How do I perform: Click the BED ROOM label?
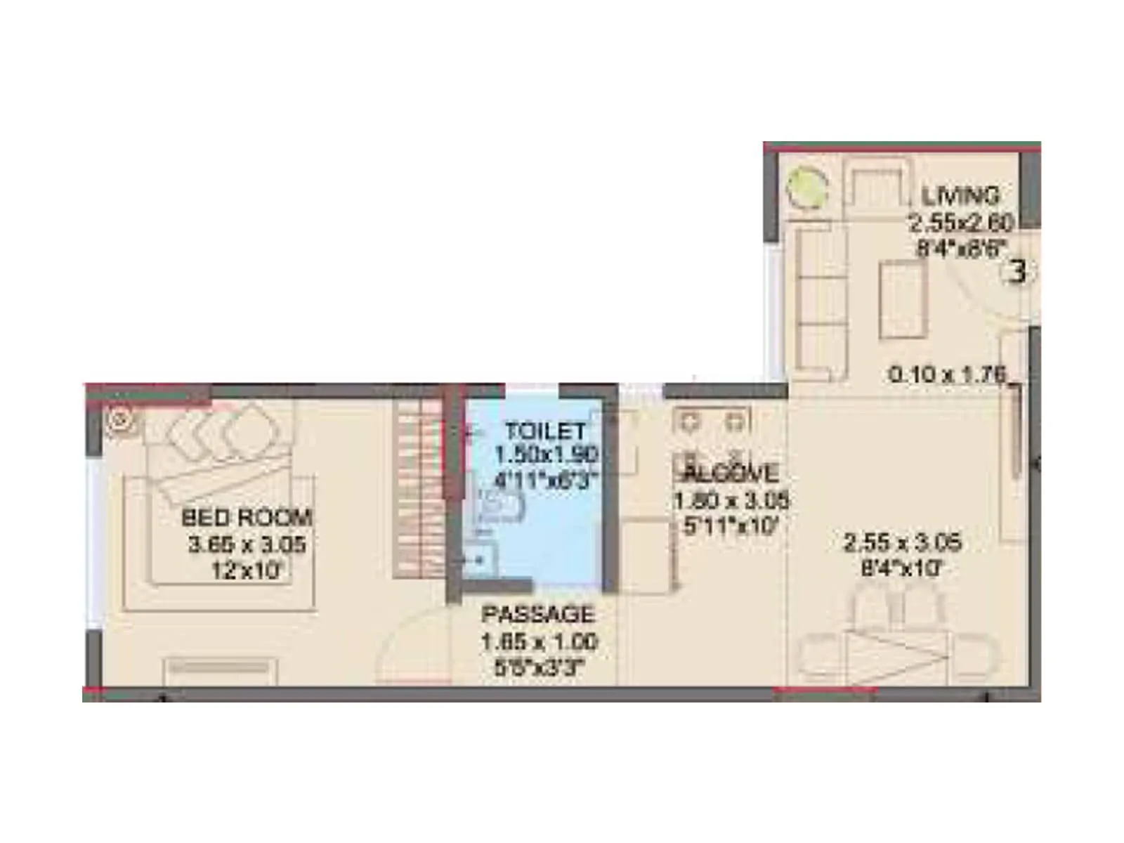247,518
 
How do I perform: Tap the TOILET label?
545,430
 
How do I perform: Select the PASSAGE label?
538,614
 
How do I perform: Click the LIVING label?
960,195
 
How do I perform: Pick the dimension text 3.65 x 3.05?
247,544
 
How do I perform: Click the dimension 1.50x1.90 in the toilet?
546,455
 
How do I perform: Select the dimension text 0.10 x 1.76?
947,374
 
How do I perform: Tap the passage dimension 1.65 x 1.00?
539,641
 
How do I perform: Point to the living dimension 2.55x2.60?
961,223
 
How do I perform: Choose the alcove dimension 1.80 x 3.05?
731,500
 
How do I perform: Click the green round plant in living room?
806,187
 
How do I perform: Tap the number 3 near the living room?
1017,271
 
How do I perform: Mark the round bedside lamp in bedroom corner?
119,419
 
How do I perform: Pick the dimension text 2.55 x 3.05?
902,542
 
